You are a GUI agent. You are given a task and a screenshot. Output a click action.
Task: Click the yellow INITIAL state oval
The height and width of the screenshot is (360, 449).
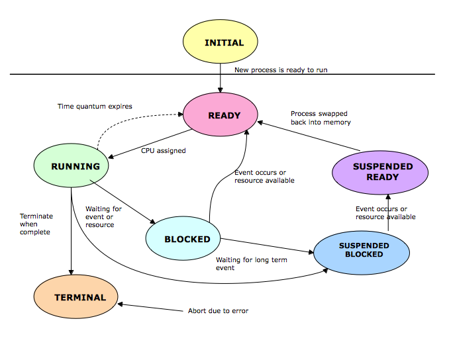click(224, 42)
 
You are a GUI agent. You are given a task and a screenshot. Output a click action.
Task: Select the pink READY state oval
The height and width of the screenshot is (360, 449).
click(224, 116)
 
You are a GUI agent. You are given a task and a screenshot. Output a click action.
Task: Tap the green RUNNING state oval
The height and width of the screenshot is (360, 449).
click(75, 166)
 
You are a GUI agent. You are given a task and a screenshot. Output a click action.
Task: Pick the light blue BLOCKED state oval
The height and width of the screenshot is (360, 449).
click(187, 239)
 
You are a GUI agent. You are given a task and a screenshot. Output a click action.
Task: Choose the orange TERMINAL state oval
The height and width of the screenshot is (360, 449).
click(75, 297)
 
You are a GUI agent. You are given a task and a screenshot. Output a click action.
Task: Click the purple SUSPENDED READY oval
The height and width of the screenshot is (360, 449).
click(382, 171)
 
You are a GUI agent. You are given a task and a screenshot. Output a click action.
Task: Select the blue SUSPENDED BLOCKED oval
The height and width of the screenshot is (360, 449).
click(364, 249)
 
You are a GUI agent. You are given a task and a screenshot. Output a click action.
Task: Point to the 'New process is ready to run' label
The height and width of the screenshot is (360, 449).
click(281, 69)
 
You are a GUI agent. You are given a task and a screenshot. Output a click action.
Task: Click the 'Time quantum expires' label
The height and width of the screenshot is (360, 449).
click(95, 106)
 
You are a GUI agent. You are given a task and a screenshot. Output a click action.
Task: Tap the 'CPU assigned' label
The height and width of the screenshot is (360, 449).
click(163, 151)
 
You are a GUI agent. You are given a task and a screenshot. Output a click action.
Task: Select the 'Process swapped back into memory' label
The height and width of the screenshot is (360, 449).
click(320, 118)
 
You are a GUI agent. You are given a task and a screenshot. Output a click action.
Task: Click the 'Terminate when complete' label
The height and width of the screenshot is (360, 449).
click(36, 224)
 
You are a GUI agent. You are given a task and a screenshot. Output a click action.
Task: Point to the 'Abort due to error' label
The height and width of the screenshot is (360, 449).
click(218, 310)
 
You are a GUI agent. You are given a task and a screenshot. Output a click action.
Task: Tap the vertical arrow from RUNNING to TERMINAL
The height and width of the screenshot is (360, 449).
click(70, 232)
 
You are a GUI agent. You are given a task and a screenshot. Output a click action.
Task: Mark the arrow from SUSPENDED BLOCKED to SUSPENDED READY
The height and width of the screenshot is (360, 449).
click(388, 212)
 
